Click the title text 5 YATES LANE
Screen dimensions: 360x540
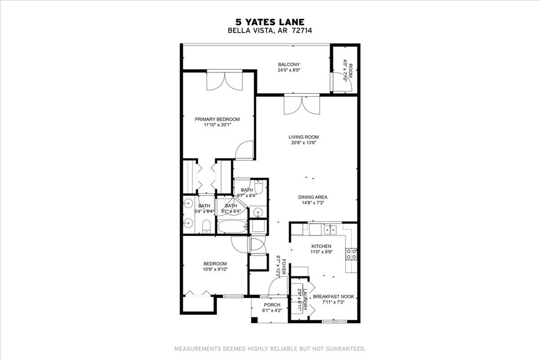[x=270, y=21]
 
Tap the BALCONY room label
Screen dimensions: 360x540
[x=288, y=64]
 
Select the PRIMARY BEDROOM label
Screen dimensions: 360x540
[x=217, y=119]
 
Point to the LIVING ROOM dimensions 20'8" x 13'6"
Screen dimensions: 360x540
[x=303, y=143]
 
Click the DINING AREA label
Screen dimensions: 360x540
[x=312, y=197]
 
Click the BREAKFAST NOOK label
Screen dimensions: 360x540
[x=333, y=296]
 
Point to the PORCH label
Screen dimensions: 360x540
[x=272, y=305]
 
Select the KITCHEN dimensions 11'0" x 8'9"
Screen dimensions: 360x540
[x=321, y=253]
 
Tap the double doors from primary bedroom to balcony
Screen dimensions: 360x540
[x=224, y=81]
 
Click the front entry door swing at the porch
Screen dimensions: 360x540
[x=274, y=287]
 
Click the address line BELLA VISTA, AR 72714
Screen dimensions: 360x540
[x=270, y=30]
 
